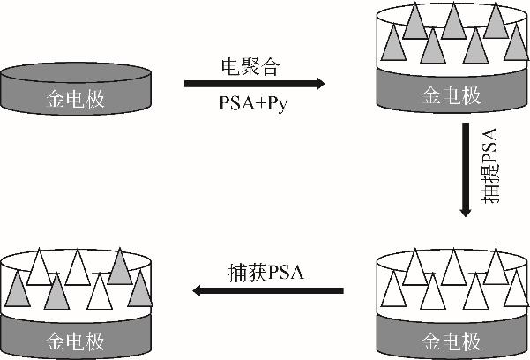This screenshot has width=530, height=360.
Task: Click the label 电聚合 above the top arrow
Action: tap(250, 67)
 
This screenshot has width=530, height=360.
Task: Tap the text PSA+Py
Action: tap(253, 103)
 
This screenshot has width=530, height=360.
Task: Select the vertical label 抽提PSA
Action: tap(489, 165)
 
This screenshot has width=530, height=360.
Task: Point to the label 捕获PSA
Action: tap(266, 273)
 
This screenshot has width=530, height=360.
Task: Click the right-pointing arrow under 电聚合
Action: tap(254, 84)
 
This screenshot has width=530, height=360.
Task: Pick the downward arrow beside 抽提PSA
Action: tap(466, 169)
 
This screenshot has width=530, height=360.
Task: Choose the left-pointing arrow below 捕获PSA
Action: tap(268, 290)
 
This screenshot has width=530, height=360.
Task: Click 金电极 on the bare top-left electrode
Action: tap(75, 99)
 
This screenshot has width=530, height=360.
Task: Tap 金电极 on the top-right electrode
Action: tap(451, 95)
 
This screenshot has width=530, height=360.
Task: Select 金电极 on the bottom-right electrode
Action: tap(451, 341)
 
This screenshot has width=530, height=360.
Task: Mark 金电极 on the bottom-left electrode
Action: tap(75, 341)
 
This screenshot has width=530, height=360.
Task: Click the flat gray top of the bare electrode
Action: tap(76, 72)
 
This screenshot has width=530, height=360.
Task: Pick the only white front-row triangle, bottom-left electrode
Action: tap(100, 293)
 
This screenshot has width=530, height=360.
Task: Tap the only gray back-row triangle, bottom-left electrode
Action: tap(120, 268)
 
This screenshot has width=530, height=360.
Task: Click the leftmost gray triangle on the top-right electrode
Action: tap(393, 44)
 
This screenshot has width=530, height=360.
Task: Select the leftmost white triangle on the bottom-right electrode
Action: tap(393, 290)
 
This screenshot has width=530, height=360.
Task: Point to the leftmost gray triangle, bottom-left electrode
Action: tap(18, 290)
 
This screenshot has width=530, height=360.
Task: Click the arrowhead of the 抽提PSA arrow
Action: tap(466, 212)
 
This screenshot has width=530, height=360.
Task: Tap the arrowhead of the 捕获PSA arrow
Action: tap(197, 290)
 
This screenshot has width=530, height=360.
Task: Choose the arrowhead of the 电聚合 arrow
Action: tap(320, 84)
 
